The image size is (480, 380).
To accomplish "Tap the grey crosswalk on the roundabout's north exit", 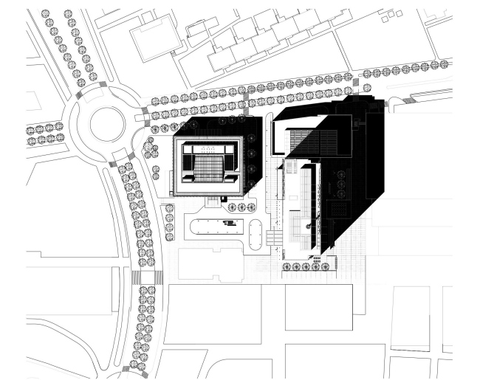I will click(93, 84).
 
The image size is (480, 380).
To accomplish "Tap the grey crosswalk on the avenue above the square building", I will click(245, 97).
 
